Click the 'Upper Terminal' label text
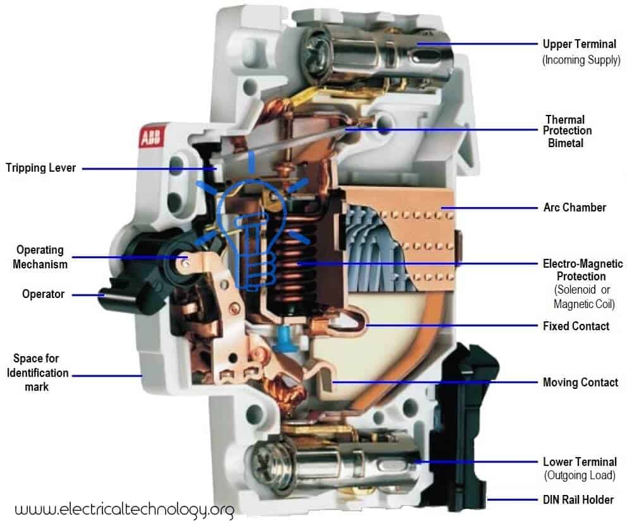coord(579,44)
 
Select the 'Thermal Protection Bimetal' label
coord(569,131)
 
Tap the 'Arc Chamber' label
coord(575,207)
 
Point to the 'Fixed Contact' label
coord(576,326)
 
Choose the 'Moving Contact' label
coord(580,382)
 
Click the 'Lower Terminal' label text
coord(580,462)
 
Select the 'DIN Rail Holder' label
coord(578,499)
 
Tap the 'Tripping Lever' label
coord(40,168)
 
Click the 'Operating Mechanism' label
coord(40,257)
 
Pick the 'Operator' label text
coord(43,294)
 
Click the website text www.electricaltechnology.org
coord(124,509)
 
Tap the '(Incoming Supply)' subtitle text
coord(580,60)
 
